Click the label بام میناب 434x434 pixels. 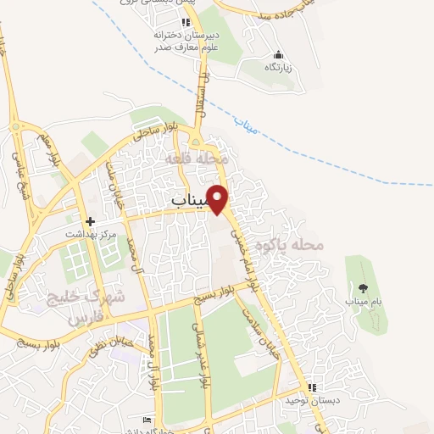point(363,301)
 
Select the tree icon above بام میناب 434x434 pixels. point(364,289)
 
